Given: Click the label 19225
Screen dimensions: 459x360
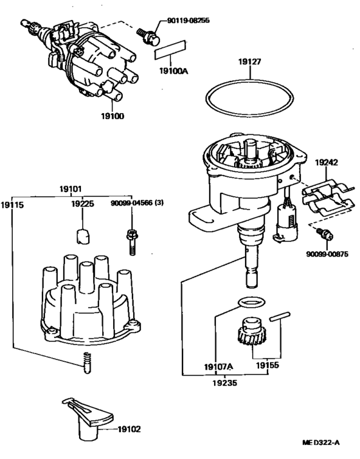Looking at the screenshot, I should coord(82,204).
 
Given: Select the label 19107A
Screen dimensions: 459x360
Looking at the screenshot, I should coord(219,366).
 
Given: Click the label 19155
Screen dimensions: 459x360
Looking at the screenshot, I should coord(267,366).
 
